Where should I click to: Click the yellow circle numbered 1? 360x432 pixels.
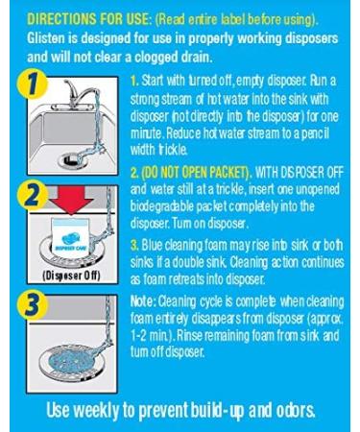tap(33, 85)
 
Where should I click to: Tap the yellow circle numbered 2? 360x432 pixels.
tap(33, 195)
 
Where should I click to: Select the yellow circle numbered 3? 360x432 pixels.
tap(33, 305)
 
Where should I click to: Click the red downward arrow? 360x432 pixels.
tap(71, 200)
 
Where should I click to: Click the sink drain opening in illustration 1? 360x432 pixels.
tap(70, 159)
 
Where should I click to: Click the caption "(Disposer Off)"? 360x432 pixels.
tap(71, 276)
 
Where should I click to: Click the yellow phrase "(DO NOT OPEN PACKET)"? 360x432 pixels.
tap(196, 173)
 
